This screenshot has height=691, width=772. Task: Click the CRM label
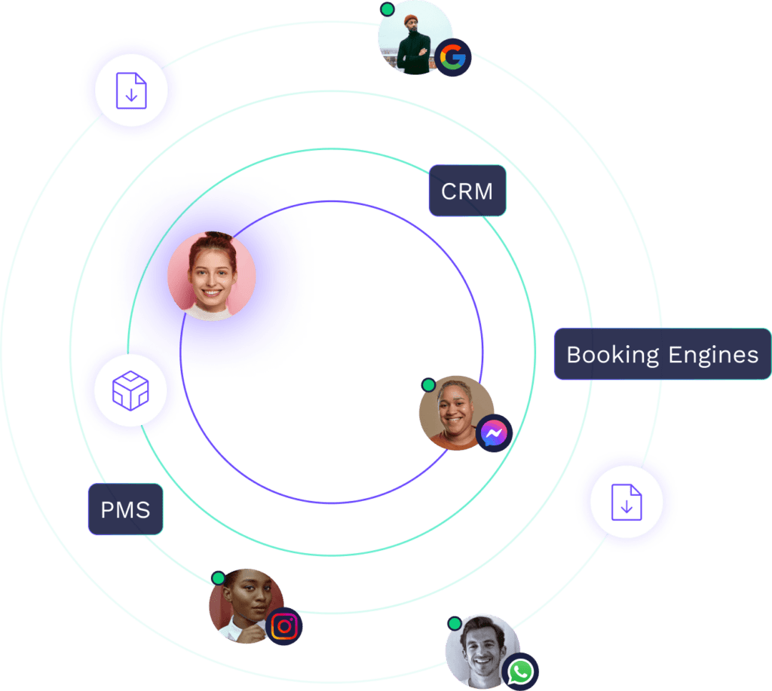[467, 191]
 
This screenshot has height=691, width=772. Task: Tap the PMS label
[125, 509]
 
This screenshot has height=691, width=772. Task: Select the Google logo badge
[453, 58]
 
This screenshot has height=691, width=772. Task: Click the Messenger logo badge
[495, 434]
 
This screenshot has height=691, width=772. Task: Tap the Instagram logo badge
[284, 626]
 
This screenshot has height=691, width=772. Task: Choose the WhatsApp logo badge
[520, 671]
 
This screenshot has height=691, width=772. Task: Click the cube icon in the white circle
[130, 390]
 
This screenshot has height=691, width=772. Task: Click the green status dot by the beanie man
[387, 10]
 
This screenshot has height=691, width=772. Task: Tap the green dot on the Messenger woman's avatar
[428, 385]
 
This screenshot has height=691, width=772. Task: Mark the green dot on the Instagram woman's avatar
[218, 578]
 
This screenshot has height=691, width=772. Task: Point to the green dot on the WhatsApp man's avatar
[454, 623]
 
